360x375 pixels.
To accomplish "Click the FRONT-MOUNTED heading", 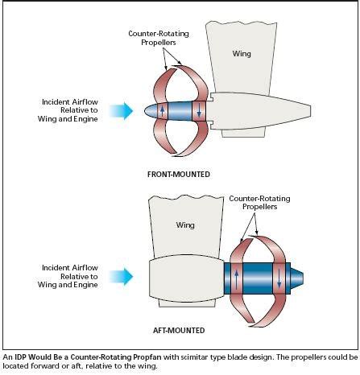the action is (179, 175).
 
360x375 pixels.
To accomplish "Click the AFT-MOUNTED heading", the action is (179, 330).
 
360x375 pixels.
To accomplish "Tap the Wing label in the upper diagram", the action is (242, 54).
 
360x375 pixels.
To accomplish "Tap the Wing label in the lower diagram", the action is (185, 225).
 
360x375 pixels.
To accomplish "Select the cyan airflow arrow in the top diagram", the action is (122, 110).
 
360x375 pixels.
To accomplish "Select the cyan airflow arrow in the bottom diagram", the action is (122, 277).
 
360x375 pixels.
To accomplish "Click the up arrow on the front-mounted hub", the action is (162, 110).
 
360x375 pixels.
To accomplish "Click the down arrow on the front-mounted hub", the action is (199, 111).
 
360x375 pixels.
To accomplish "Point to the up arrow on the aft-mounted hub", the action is (237, 280).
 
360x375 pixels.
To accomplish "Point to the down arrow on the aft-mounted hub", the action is (279, 279).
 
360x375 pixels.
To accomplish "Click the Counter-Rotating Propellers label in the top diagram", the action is (159, 38).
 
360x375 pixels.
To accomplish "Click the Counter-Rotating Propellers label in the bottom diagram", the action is (259, 203).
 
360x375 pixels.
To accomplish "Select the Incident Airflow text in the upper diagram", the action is (70, 102).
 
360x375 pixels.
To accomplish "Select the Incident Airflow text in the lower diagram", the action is (70, 268).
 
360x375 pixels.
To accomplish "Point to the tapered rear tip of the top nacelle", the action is (311, 111).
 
